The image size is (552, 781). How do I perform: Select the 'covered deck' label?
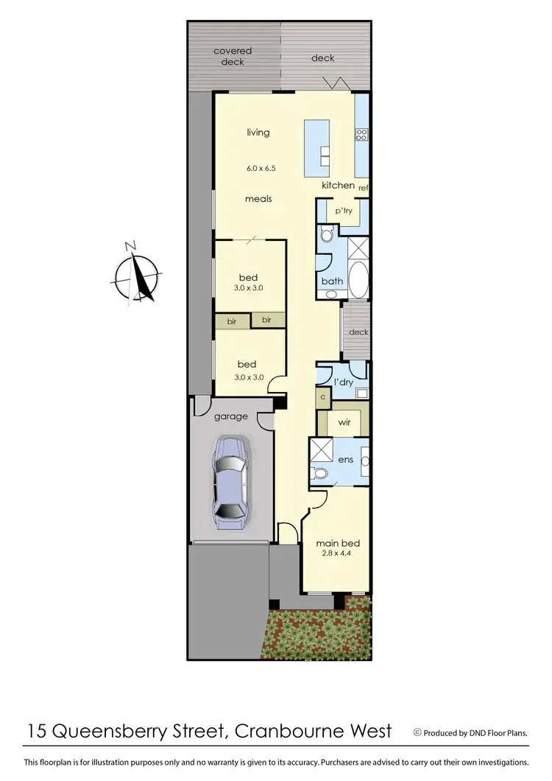(x=233, y=56)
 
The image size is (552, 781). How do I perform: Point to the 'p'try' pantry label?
(x=344, y=211)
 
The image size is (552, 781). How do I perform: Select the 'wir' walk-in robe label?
(x=344, y=424)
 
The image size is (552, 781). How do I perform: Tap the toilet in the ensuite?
(x=321, y=472)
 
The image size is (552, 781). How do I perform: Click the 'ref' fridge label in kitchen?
(x=363, y=189)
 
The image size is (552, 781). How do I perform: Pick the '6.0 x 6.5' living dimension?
(x=261, y=169)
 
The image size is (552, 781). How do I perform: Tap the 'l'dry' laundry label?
(x=344, y=382)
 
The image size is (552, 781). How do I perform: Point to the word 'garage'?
(x=231, y=416)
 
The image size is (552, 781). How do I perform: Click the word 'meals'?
(x=259, y=199)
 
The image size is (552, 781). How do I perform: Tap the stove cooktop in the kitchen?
(x=361, y=135)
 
